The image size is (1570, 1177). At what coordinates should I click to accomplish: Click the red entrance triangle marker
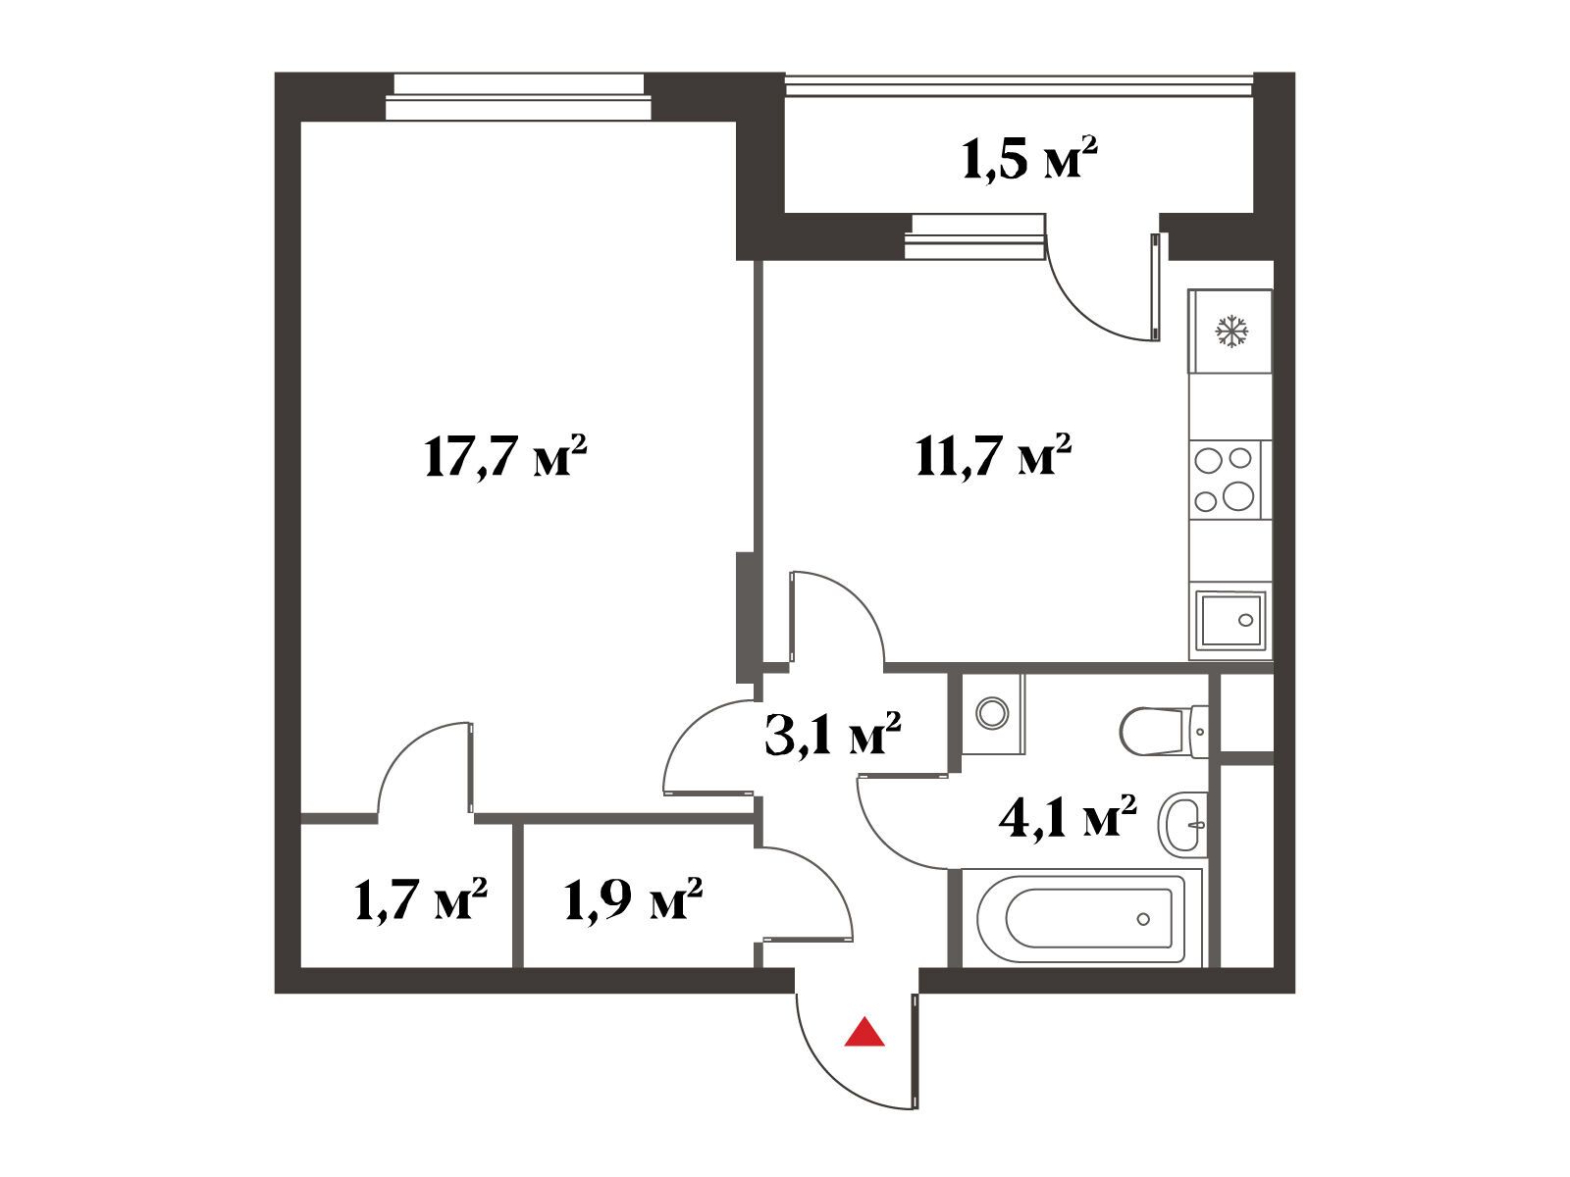864,1033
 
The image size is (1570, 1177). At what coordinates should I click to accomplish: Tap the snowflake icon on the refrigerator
1231,332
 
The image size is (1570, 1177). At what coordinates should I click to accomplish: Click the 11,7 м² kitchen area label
993,454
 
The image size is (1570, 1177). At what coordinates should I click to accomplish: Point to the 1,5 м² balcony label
1029,158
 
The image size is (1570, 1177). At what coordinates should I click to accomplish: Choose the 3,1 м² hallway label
832,734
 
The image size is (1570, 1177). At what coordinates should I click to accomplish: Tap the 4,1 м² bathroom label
1068,815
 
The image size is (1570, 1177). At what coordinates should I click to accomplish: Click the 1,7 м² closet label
421,899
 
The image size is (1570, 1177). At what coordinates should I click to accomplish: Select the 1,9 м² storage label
634,899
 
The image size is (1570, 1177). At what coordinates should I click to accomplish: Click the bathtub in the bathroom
1080,918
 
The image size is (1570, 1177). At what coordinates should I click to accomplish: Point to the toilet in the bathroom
1164,732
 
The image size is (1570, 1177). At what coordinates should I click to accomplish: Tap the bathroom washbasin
1183,824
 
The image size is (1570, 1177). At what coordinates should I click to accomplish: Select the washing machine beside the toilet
993,713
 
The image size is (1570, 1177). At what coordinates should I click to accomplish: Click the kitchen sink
1230,620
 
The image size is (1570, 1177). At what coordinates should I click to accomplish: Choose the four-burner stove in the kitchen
1230,480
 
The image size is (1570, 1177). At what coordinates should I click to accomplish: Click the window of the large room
518,97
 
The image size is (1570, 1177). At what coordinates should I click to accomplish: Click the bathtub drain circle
1143,919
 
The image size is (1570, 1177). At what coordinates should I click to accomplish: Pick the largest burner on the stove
1238,495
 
